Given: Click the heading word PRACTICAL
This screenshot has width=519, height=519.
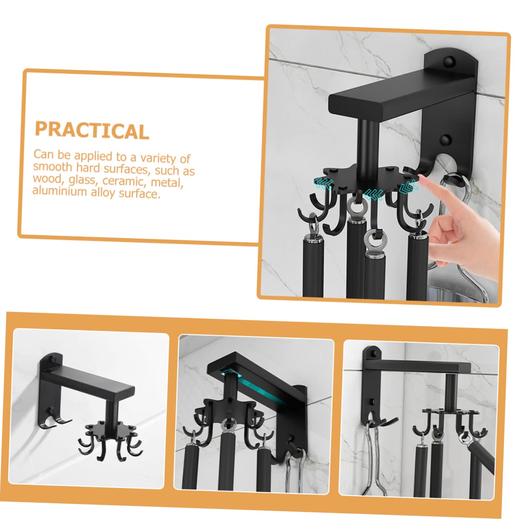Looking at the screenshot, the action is (92, 130).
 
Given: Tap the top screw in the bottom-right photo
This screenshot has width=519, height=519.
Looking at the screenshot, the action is (373, 353).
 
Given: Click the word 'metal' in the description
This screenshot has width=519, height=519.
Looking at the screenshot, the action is (167, 183).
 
